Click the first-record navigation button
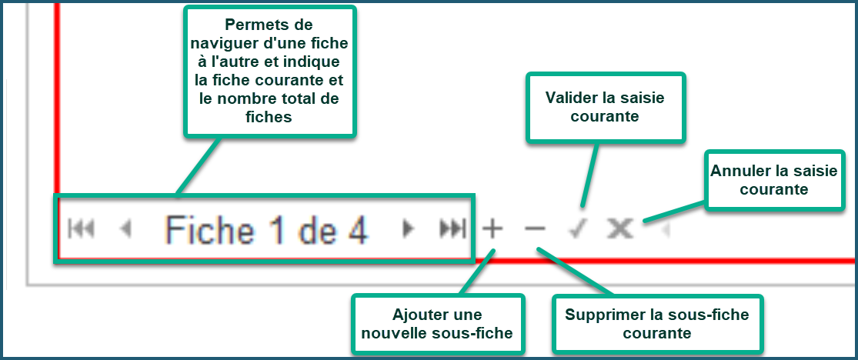81,228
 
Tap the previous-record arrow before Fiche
126,228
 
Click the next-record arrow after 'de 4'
407,228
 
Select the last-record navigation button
453,228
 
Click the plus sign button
492,228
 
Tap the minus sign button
535,228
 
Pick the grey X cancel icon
620,228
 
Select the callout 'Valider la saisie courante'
605,108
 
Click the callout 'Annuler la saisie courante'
773,180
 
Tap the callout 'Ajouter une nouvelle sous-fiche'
437,323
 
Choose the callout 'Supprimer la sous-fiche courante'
656,323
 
